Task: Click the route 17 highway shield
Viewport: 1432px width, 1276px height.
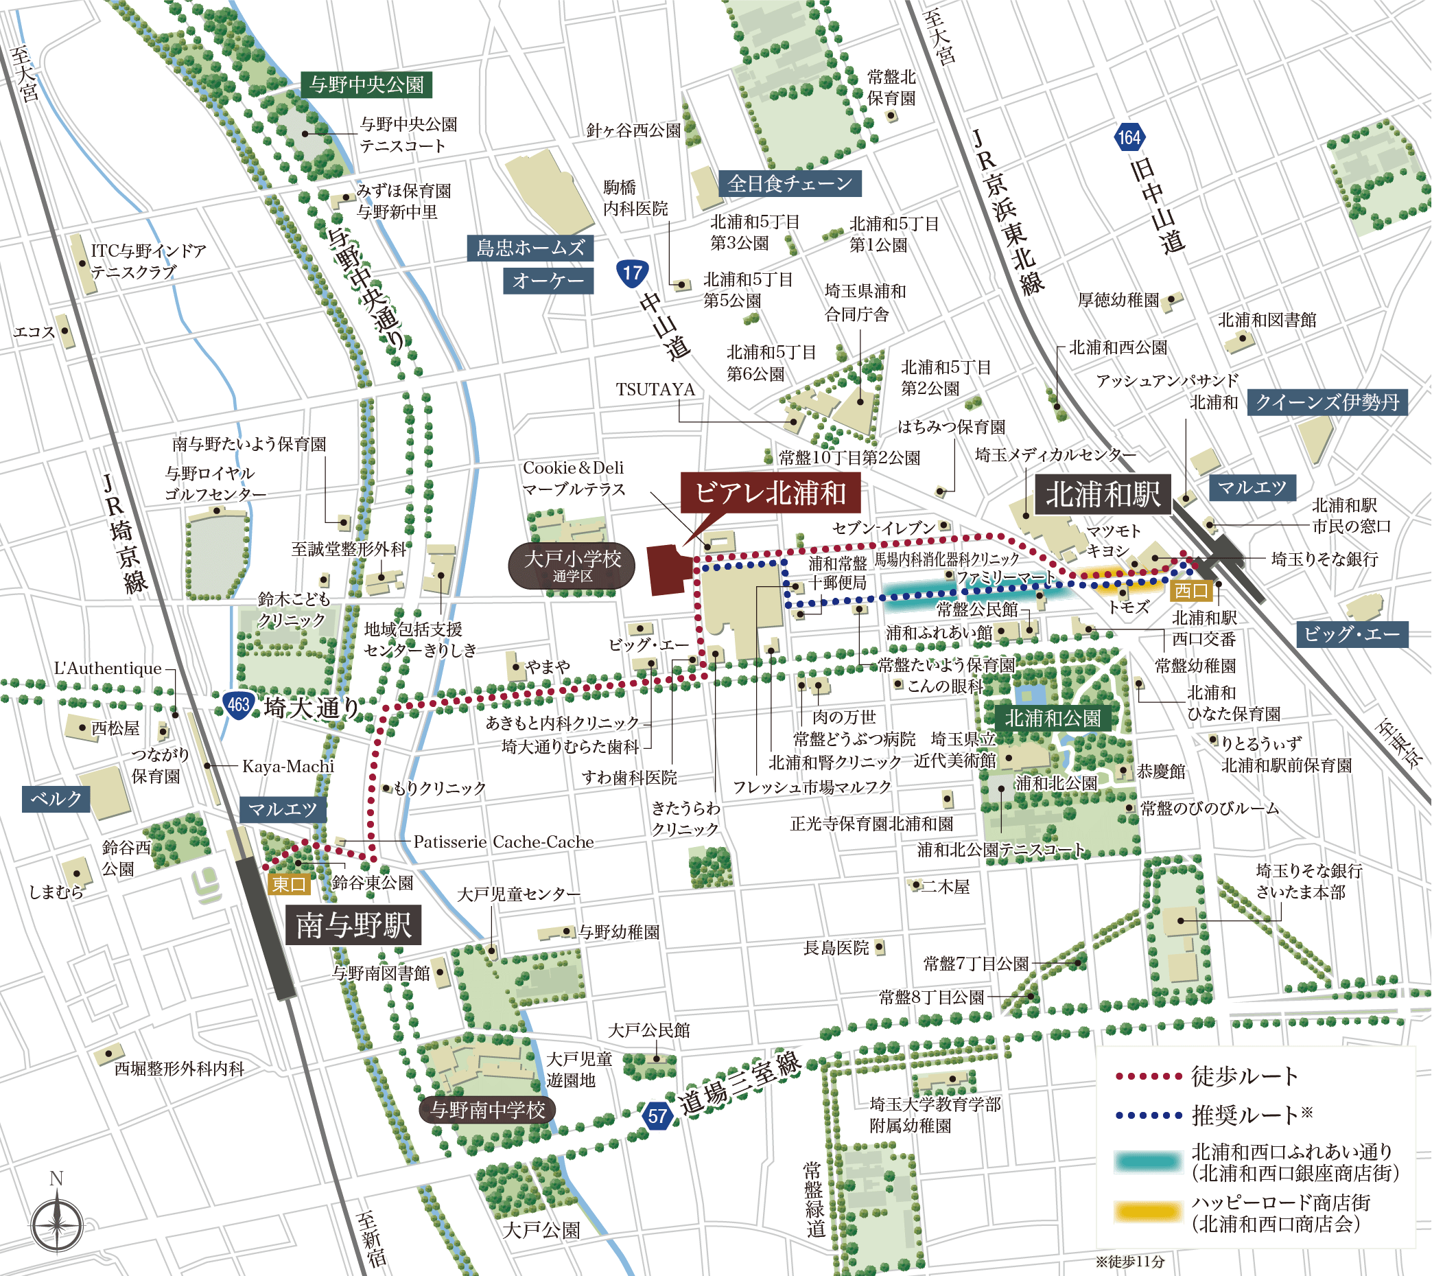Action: [632, 272]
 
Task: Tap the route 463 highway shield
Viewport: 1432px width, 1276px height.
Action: [237, 704]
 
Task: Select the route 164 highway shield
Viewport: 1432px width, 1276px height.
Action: [1129, 137]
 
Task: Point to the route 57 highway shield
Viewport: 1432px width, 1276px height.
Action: [657, 1115]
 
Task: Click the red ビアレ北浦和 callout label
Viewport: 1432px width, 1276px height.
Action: [770, 493]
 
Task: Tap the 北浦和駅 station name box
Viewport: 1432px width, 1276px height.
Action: [1103, 494]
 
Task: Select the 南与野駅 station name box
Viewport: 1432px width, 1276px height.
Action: [353, 925]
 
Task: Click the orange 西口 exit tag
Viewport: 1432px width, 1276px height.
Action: [1191, 590]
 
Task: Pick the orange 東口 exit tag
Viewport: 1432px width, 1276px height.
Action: [289, 884]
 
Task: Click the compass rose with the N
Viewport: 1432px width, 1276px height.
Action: [57, 1224]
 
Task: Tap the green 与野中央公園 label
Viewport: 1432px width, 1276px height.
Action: [366, 85]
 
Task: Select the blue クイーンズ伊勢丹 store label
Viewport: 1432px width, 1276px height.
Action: [1327, 402]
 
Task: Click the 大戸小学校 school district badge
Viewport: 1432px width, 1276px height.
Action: [572, 565]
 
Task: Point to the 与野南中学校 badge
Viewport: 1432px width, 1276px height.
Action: [487, 1110]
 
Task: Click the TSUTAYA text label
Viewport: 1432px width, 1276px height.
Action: [655, 389]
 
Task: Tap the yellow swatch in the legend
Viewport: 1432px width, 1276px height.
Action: [1148, 1211]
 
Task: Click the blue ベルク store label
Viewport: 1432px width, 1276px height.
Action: [56, 798]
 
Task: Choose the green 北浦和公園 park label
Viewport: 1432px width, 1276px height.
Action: [1052, 718]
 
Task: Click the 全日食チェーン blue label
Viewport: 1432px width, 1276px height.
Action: [789, 184]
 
